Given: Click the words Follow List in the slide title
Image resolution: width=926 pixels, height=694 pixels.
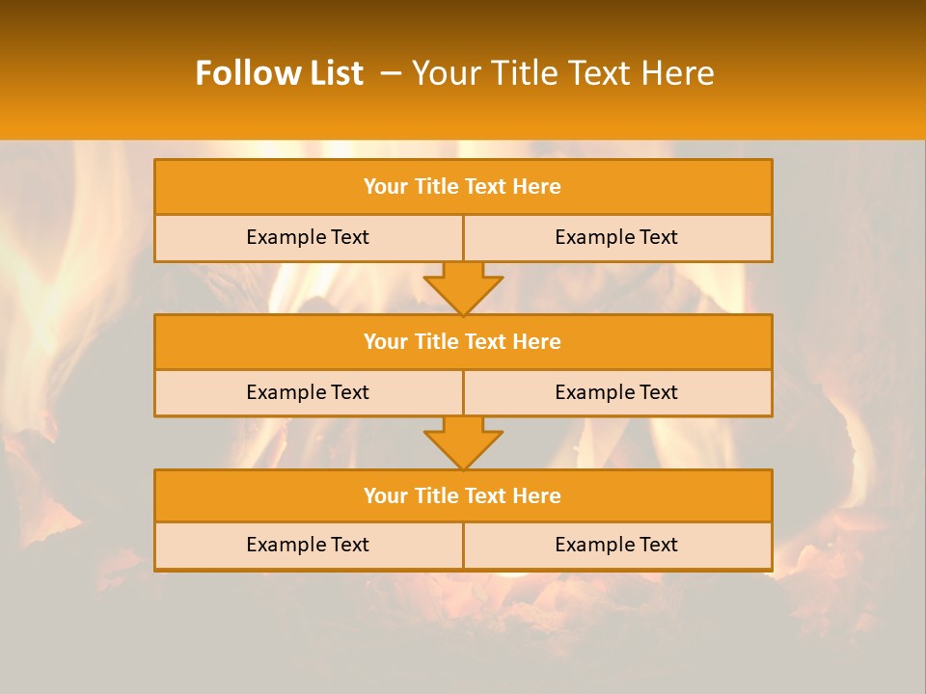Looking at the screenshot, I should (279, 73).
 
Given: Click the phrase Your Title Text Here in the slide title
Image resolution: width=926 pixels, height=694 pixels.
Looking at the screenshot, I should (562, 73).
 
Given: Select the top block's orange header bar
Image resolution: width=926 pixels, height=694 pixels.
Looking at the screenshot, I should (463, 187).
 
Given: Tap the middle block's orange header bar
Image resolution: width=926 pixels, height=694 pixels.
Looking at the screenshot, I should (463, 341).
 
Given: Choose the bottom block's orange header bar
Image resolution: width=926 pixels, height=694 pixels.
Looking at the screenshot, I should (463, 495).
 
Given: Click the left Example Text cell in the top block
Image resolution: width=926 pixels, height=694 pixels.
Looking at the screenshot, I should (308, 237).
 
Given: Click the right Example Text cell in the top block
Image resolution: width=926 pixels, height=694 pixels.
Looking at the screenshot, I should (616, 237).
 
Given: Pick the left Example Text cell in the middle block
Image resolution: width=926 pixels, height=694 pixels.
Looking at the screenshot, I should (308, 392).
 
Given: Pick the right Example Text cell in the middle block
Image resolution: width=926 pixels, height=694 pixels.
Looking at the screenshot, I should (616, 392).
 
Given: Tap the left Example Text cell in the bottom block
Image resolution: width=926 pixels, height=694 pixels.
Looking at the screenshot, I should (308, 545).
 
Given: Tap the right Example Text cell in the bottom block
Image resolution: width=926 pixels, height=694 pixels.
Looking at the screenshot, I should (616, 545).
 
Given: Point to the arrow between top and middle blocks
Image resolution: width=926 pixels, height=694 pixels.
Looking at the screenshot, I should (463, 287).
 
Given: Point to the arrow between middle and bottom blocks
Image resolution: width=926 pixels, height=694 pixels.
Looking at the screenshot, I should (463, 442).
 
